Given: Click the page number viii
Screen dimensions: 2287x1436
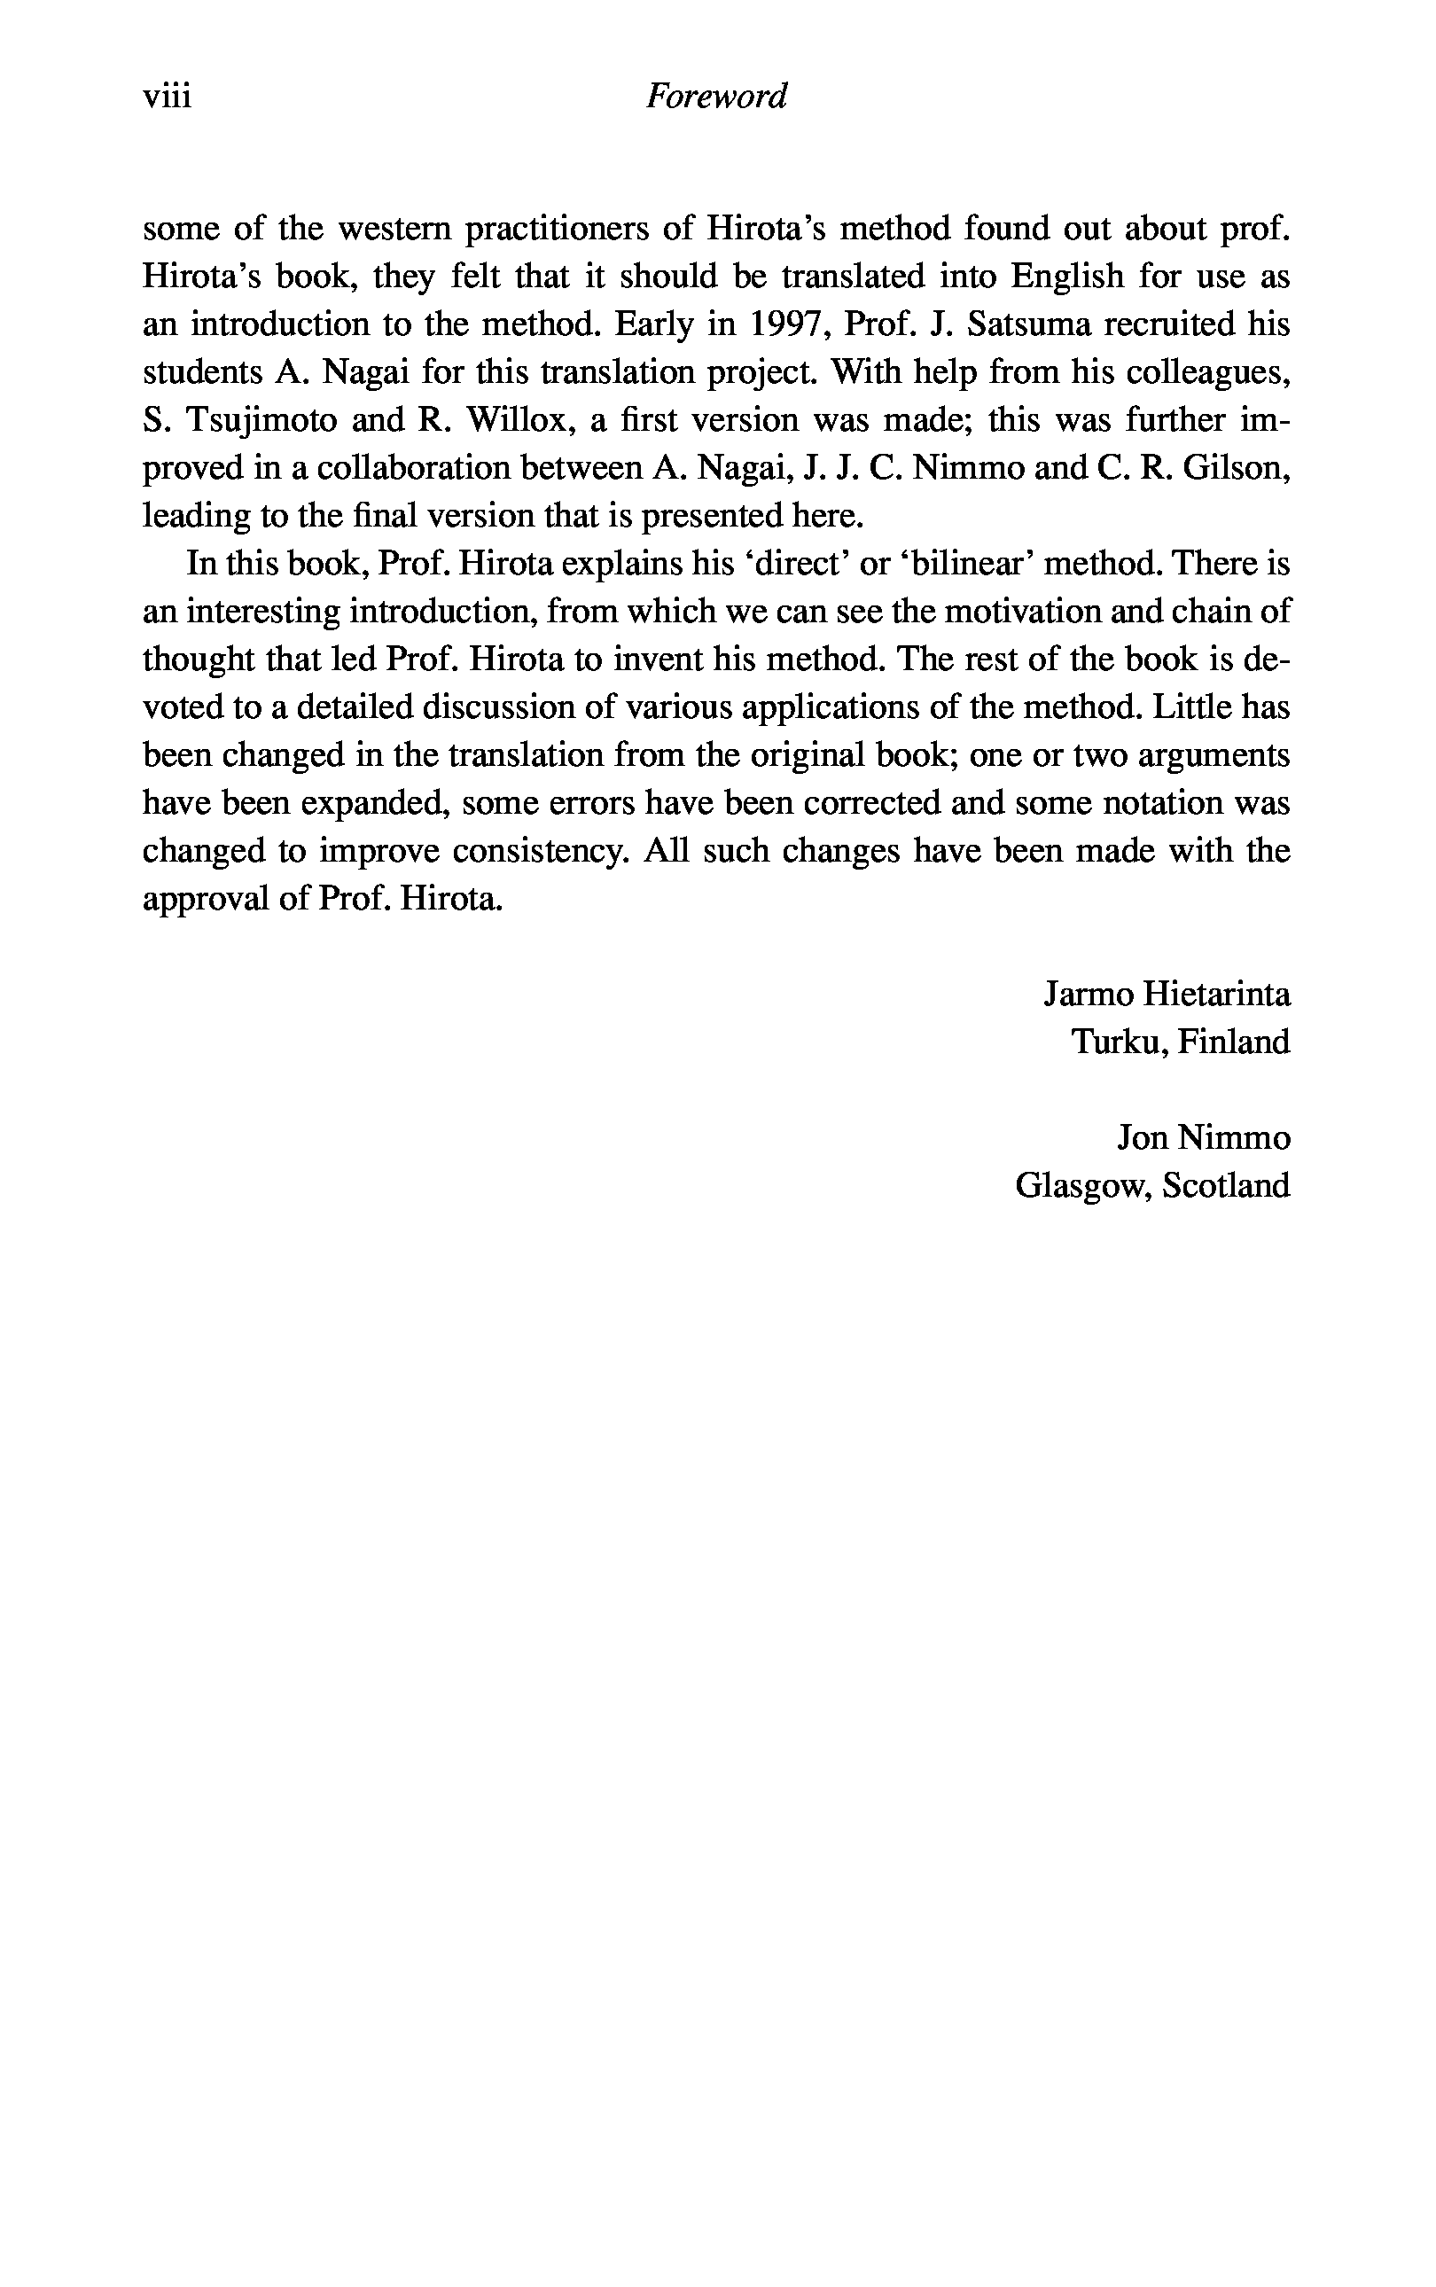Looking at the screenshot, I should pos(168,96).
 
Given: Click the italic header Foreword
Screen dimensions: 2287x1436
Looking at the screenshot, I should pos(716,96).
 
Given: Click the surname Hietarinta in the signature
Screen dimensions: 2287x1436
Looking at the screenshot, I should pos(1219,995).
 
